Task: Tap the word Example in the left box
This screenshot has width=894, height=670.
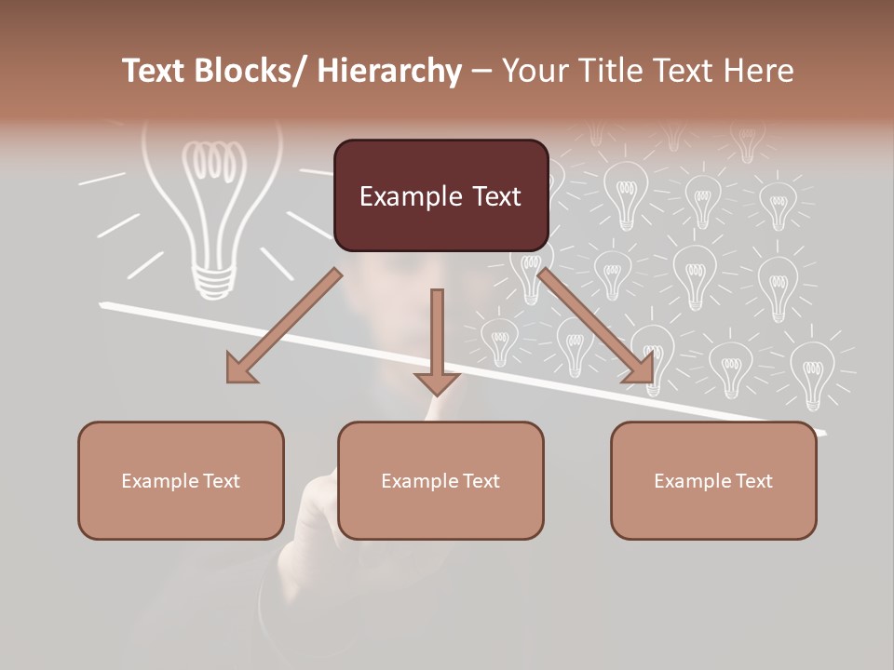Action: tap(159, 481)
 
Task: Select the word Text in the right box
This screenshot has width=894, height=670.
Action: tap(753, 481)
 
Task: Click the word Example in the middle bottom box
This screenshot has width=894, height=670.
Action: tap(419, 481)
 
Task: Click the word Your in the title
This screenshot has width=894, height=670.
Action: tap(533, 71)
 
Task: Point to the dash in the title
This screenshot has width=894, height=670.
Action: tap(481, 73)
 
